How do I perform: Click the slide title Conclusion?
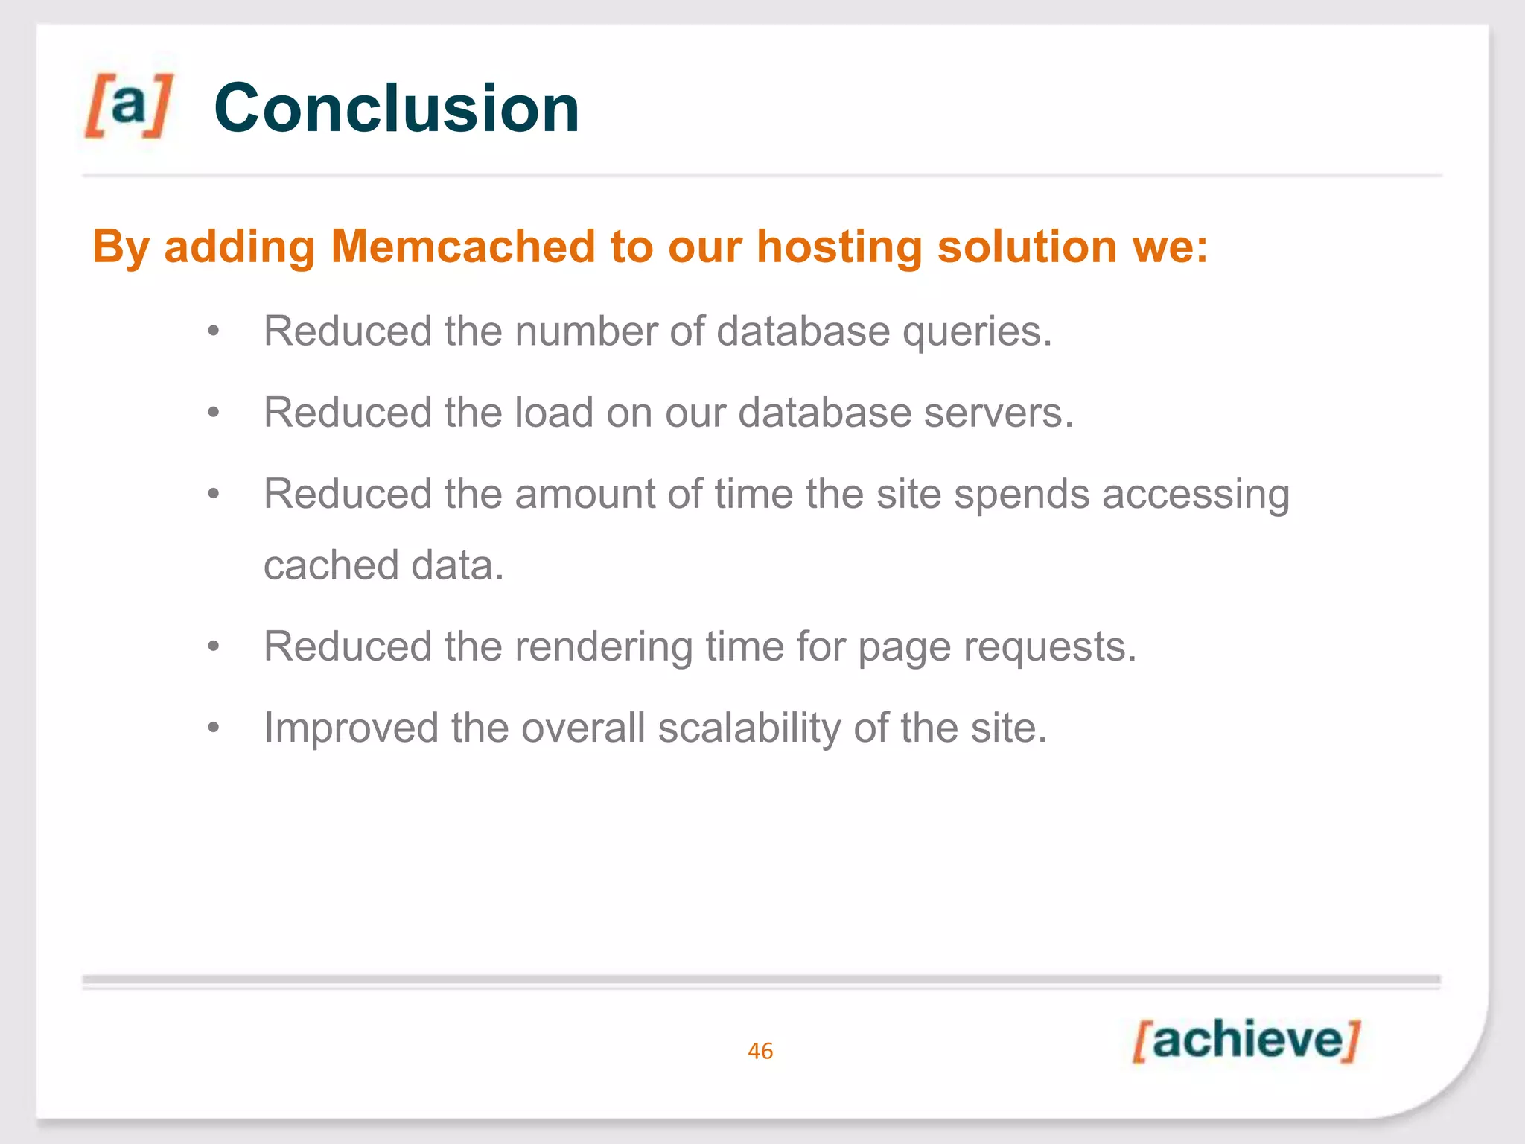(x=396, y=109)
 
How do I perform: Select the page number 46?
(x=760, y=1051)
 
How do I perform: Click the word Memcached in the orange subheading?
(x=463, y=247)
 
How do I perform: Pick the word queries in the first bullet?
(x=977, y=332)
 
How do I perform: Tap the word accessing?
(x=1196, y=495)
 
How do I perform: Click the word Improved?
(x=351, y=728)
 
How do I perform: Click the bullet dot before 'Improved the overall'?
(x=214, y=728)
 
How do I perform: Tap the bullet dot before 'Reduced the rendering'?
(x=214, y=646)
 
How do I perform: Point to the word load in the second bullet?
(x=553, y=413)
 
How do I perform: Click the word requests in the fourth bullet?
(x=1049, y=647)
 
